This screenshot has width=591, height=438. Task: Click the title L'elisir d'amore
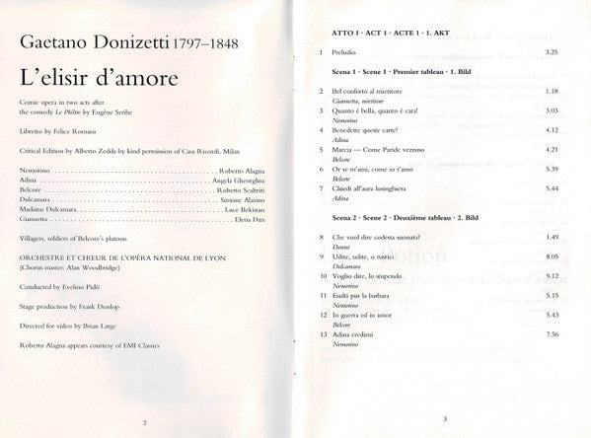pos(97,77)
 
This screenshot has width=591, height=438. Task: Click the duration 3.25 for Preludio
pos(552,50)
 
